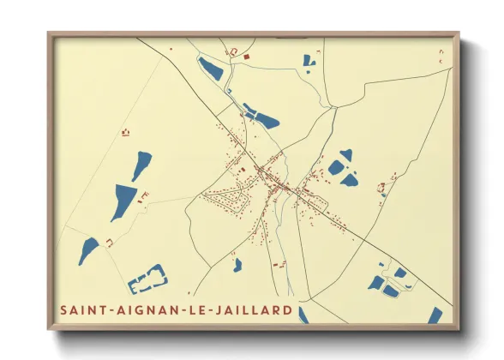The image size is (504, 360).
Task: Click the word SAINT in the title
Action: pos(81,309)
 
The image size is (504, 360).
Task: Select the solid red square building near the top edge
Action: pos(247,57)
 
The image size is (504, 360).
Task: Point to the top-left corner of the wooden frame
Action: pos(50,35)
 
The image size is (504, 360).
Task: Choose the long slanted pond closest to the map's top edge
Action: pos(210,69)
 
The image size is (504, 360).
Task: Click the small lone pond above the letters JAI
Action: pos(237,265)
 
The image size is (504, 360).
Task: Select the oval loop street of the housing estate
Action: pos(227,201)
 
